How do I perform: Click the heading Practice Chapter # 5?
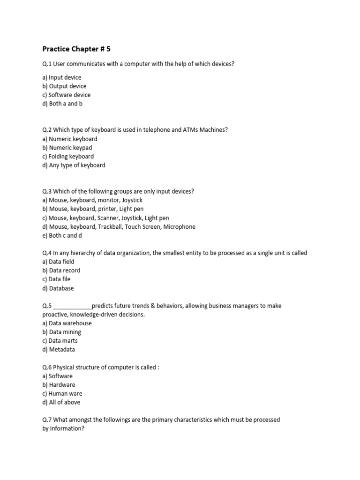[x=76, y=49]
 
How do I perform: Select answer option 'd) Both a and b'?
[x=62, y=104]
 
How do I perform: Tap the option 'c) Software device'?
[x=66, y=95]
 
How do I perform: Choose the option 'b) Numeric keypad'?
[x=67, y=148]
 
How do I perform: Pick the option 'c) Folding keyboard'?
[x=68, y=157]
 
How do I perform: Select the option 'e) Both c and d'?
[x=62, y=236]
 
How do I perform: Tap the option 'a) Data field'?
[x=58, y=262]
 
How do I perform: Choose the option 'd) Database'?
[x=58, y=288]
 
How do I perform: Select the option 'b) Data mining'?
[x=61, y=332]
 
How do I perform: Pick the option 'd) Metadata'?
[x=59, y=350]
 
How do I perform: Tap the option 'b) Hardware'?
[x=59, y=385]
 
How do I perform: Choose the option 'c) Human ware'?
[x=62, y=394]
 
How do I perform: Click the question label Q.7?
[x=47, y=420]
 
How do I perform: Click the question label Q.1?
[x=47, y=64]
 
